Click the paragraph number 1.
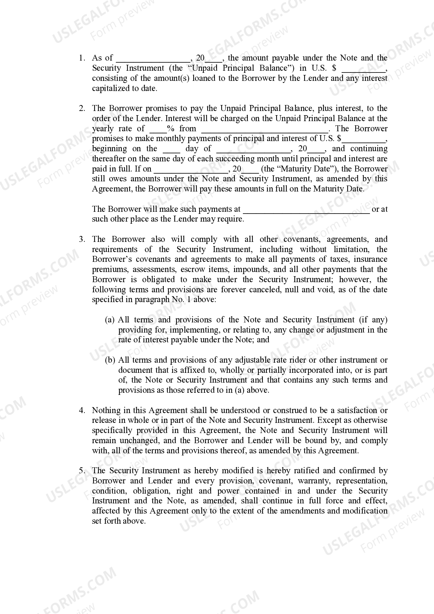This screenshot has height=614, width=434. [x=82, y=58]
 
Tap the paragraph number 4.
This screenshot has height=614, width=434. [x=82, y=410]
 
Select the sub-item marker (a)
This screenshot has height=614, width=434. [x=110, y=320]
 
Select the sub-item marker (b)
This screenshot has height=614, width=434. [x=110, y=360]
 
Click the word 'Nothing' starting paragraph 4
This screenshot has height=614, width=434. [x=105, y=410]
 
